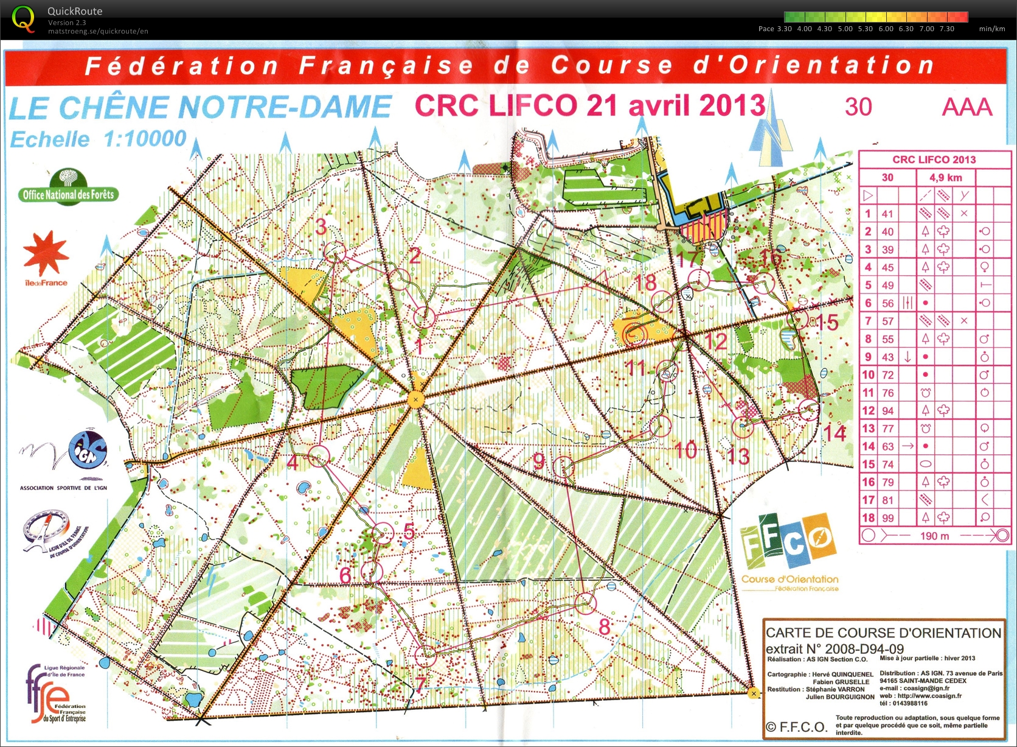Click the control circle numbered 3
click(335, 251)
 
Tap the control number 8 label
click(604, 626)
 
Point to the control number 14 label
click(835, 433)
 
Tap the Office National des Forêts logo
click(68, 188)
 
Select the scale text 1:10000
click(145, 139)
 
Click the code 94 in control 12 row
click(887, 410)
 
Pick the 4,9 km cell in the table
click(945, 178)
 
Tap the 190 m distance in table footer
click(934, 536)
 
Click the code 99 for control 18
click(887, 518)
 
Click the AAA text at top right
click(967, 107)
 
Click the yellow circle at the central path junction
click(416, 400)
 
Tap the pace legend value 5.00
click(845, 29)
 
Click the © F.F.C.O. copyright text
click(796, 727)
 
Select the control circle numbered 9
click(564, 466)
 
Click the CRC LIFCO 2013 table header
click(934, 160)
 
